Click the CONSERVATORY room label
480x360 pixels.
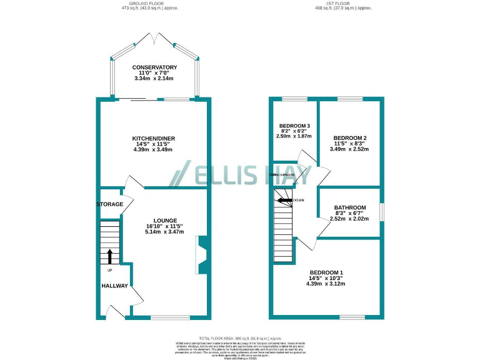pyautogui.click(x=154, y=67)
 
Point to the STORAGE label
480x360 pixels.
pyautogui.click(x=109, y=204)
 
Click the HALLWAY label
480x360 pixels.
pyautogui.click(x=116, y=286)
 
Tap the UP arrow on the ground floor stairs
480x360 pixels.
pyautogui.click(x=110, y=256)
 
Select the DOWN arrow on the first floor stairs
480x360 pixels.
pyautogui.click(x=285, y=201)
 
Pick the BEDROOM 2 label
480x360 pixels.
pyautogui.click(x=349, y=137)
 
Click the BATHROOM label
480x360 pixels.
pyautogui.click(x=349, y=207)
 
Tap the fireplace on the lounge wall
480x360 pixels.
pyautogui.click(x=202, y=255)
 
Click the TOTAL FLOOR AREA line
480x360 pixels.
pyautogui.click(x=240, y=337)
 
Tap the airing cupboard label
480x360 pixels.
pyautogui.click(x=282, y=175)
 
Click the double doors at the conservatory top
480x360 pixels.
pyautogui.click(x=154, y=39)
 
